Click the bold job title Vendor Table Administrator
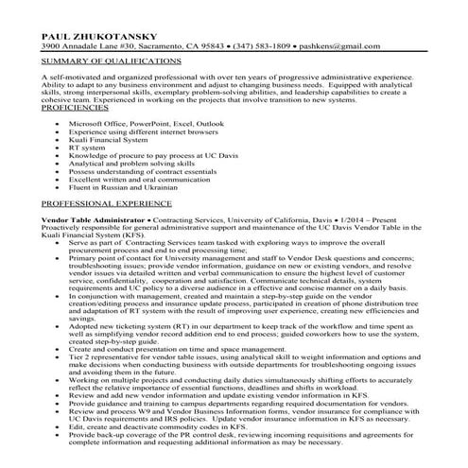coord(90,217)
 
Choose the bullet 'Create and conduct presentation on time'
coord(179,349)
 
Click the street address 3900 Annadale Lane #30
coord(91,45)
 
